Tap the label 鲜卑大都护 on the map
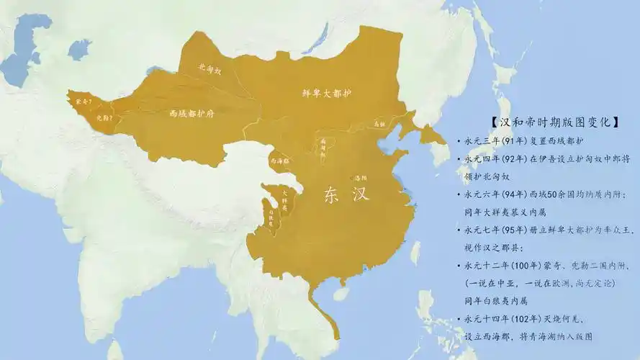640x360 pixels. tap(326, 94)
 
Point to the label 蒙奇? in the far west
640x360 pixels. tap(84, 102)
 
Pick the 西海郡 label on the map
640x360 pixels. tap(279, 162)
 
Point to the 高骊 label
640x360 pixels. tap(379, 124)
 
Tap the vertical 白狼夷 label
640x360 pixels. tap(271, 217)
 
